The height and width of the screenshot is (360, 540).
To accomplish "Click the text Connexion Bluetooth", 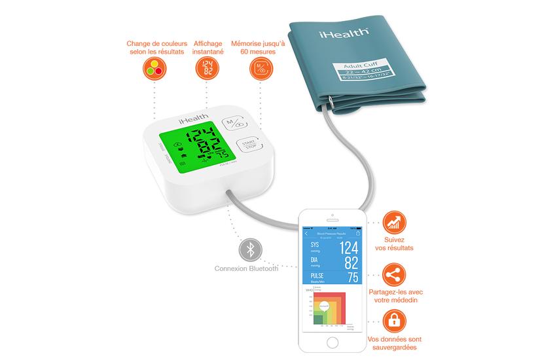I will [246, 268].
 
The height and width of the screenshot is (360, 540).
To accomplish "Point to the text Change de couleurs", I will [155, 45].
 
